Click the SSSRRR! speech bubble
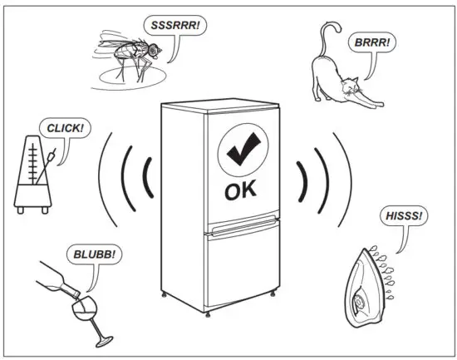point(177,26)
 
